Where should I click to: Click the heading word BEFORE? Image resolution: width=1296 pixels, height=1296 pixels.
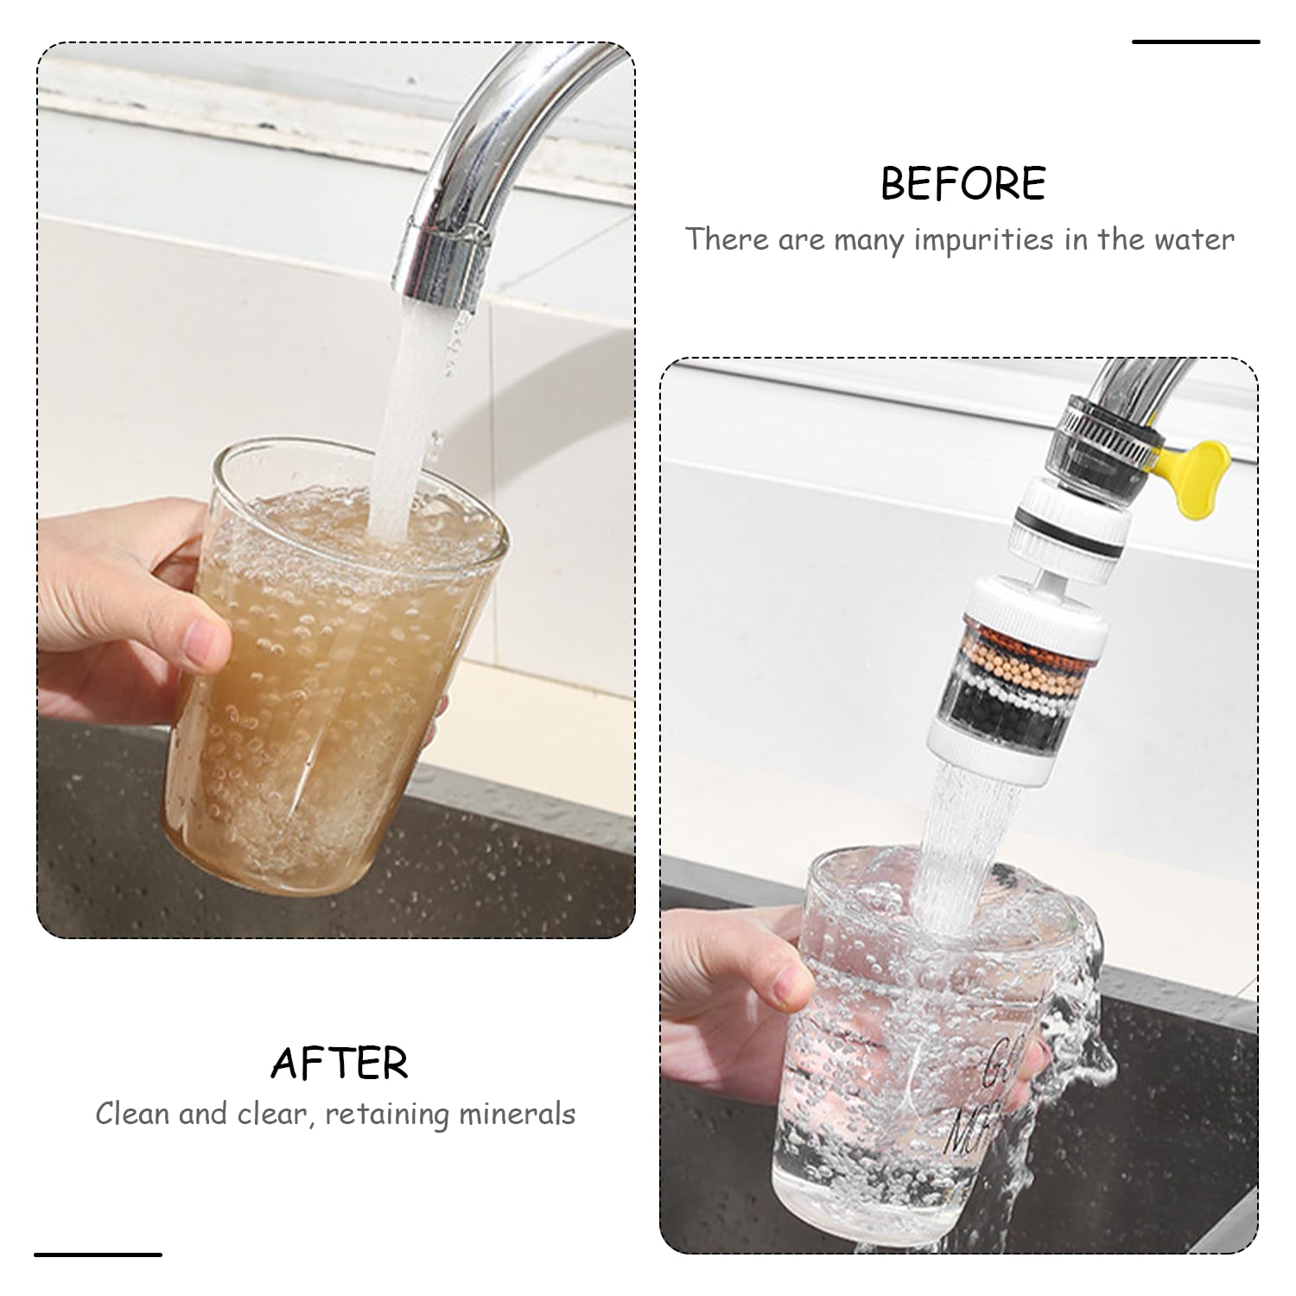962,183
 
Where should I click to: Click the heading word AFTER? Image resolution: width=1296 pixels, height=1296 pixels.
340,1063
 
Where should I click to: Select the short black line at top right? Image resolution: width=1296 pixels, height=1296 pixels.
1196,41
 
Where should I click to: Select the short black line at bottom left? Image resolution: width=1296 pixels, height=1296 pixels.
98,1254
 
